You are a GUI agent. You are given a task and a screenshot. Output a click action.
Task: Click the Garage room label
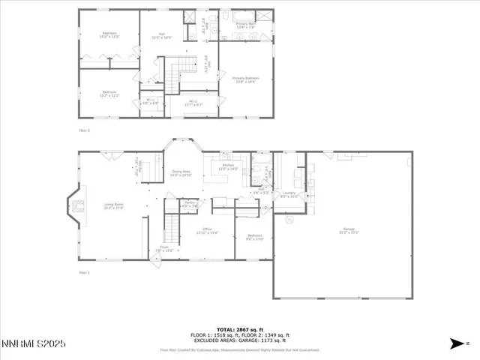pyautogui.click(x=348, y=231)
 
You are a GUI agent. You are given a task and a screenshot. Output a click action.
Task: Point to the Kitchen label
pyautogui.click(x=227, y=166)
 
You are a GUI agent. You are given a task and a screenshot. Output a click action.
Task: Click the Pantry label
pyautogui.click(x=190, y=204)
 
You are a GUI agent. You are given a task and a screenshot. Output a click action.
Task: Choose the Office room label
pyautogui.click(x=208, y=231)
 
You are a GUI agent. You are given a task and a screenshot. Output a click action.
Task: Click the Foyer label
pyautogui.click(x=164, y=248)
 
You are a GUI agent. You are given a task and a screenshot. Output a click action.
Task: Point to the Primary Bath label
pyautogui.click(x=247, y=25)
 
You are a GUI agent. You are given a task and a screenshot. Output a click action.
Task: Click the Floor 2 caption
pyautogui.click(x=84, y=130)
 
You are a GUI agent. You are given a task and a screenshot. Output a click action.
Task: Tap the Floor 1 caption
pyautogui.click(x=84, y=272)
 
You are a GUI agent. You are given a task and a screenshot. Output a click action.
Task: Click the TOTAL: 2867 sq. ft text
pyautogui.click(x=239, y=329)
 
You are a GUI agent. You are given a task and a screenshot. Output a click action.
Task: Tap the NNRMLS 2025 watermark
pyautogui.click(x=34, y=343)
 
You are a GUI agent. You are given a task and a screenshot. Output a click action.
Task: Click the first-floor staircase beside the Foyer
pyautogui.click(x=172, y=223)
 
